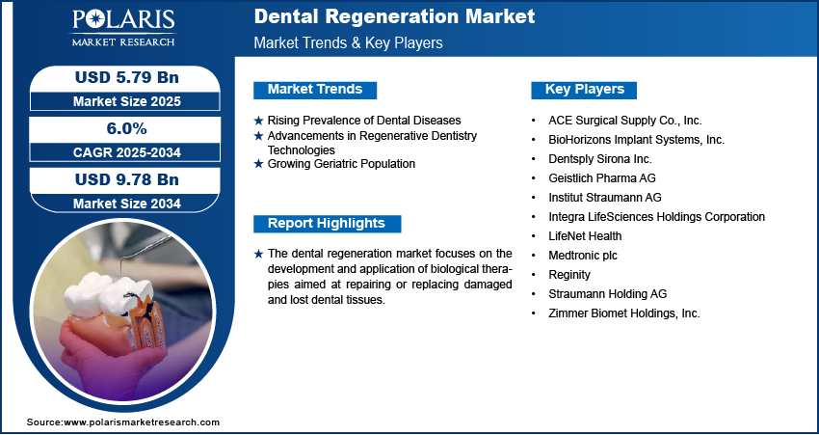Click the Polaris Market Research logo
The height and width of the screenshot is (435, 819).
pyautogui.click(x=123, y=28)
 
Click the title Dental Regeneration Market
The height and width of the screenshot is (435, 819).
pyautogui.click(x=394, y=16)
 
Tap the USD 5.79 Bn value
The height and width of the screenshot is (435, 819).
pyautogui.click(x=127, y=77)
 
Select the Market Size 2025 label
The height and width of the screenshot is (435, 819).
pyautogui.click(x=127, y=101)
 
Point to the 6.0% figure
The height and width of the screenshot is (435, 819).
pyautogui.click(x=126, y=128)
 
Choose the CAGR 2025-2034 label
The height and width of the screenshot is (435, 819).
pyautogui.click(x=127, y=152)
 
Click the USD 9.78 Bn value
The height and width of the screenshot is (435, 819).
pyautogui.click(x=127, y=179)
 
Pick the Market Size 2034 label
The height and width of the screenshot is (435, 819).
pyautogui.click(x=127, y=204)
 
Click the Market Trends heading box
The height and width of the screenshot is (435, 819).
pyautogui.click(x=315, y=90)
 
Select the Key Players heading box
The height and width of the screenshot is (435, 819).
pyautogui.click(x=584, y=90)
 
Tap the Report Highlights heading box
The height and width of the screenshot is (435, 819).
pyautogui.click(x=327, y=224)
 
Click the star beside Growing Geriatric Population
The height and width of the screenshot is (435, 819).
pyautogui.click(x=258, y=165)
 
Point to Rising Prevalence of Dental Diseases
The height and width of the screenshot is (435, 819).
pyautogui.click(x=364, y=121)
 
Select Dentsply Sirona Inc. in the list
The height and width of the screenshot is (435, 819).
pyautogui.click(x=600, y=159)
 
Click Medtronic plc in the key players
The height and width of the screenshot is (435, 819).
pyautogui.click(x=583, y=256)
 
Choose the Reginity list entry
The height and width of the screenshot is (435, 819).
pyautogui.click(x=569, y=275)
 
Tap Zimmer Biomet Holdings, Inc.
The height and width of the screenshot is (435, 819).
pyautogui.click(x=624, y=313)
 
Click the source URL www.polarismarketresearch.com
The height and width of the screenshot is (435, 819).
pyautogui.click(x=142, y=421)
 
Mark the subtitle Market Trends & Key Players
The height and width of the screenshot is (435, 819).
pyautogui.click(x=349, y=42)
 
